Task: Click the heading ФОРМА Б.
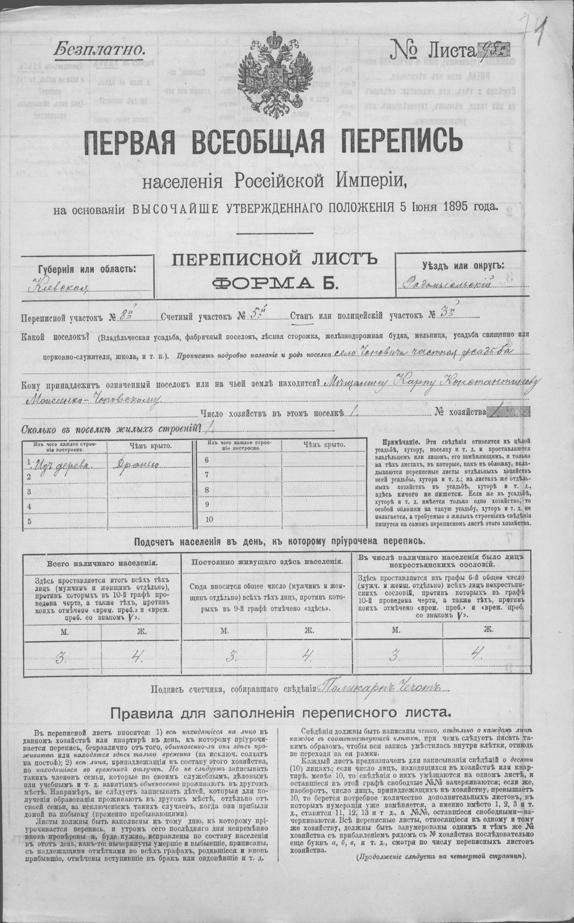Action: point(275,283)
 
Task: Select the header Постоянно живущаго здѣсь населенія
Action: point(268,561)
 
